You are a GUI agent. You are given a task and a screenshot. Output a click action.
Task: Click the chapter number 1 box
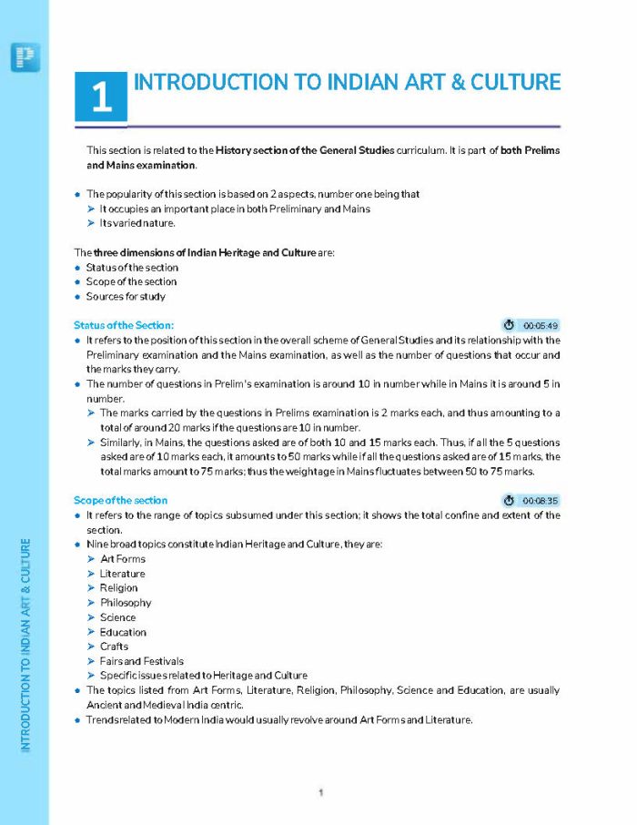click(x=101, y=96)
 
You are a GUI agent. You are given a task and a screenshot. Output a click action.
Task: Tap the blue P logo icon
click(x=25, y=57)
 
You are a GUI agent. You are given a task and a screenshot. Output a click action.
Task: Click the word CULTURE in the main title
click(x=516, y=82)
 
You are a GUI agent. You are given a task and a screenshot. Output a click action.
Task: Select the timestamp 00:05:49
click(x=541, y=325)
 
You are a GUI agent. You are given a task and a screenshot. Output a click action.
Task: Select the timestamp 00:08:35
click(x=541, y=501)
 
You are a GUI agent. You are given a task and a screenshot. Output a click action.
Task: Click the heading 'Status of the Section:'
click(x=124, y=325)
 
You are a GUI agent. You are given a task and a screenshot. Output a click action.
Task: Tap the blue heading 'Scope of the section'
click(x=120, y=501)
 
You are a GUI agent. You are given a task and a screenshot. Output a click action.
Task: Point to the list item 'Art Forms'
click(x=122, y=559)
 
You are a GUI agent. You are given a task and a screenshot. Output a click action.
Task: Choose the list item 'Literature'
click(x=122, y=574)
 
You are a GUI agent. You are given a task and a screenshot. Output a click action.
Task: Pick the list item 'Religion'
click(x=119, y=588)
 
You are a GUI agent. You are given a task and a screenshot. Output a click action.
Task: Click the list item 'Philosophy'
click(x=126, y=603)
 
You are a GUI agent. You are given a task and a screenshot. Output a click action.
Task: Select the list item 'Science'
click(x=117, y=617)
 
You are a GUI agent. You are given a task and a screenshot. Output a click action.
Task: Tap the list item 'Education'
click(x=123, y=632)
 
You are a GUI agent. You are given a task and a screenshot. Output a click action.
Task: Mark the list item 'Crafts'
click(x=114, y=647)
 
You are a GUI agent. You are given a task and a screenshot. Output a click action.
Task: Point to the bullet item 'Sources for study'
click(x=126, y=297)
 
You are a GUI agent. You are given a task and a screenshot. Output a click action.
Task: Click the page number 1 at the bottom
click(x=321, y=793)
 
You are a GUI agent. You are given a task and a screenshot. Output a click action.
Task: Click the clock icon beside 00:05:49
click(x=510, y=325)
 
